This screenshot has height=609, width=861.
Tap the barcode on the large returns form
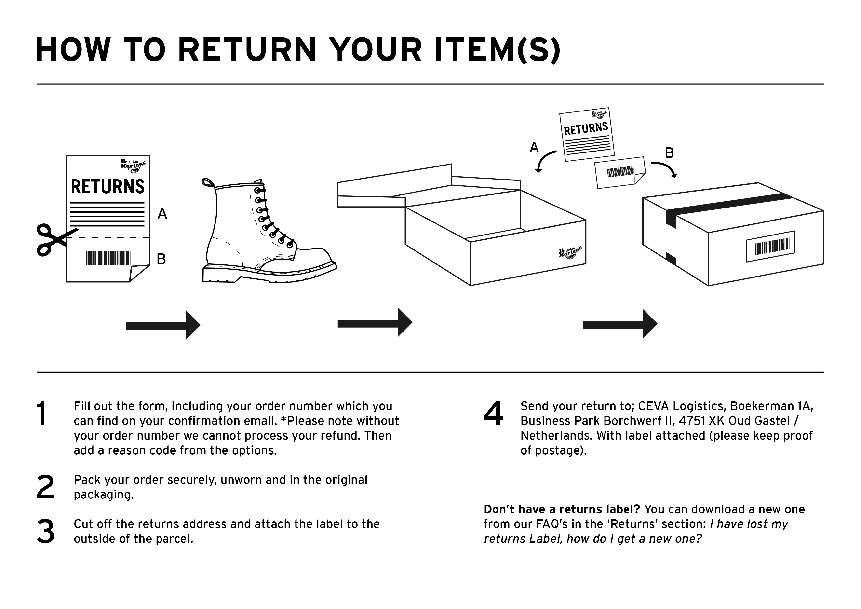[x=108, y=258]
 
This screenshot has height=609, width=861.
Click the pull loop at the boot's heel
[x=208, y=183]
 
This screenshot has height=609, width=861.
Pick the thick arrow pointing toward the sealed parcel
[x=619, y=324]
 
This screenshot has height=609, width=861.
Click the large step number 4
[x=493, y=414]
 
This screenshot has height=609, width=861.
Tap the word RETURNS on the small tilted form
[x=586, y=129]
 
